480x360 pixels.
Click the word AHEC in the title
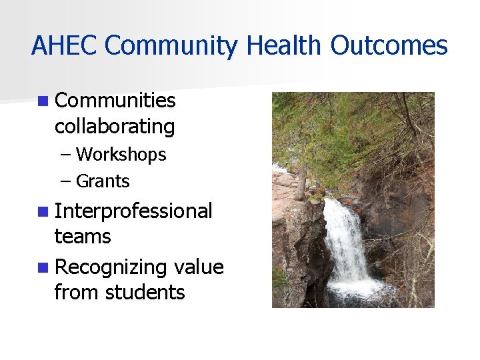tap(65, 46)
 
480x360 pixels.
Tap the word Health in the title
tap(285, 46)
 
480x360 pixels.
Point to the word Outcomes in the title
tap(389, 46)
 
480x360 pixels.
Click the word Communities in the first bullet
tap(115, 101)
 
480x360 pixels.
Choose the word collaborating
tap(115, 127)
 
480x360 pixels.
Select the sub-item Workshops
tap(121, 155)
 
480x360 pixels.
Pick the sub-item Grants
tap(103, 181)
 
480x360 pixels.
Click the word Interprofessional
tap(133, 211)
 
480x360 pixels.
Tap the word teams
tap(83, 237)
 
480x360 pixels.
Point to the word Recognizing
tap(111, 267)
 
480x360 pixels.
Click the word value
tap(198, 267)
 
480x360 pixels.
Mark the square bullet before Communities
tap(43, 101)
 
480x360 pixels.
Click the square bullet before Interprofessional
tap(43, 212)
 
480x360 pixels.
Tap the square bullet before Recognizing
tap(43, 268)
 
